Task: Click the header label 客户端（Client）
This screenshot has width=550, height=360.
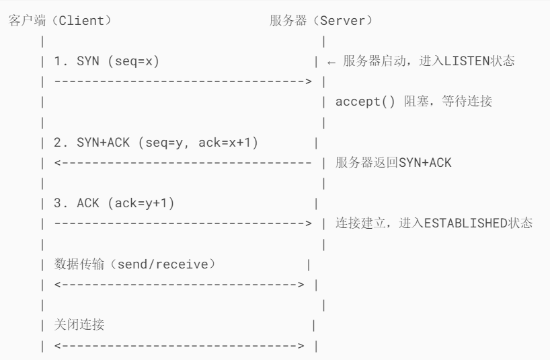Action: click(x=60, y=20)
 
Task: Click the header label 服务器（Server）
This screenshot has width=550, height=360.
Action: click(x=320, y=20)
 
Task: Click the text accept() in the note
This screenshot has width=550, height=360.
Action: click(x=360, y=103)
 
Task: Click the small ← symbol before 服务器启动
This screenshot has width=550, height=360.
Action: click(x=331, y=62)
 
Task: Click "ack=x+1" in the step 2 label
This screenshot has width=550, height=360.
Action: click(x=229, y=144)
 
